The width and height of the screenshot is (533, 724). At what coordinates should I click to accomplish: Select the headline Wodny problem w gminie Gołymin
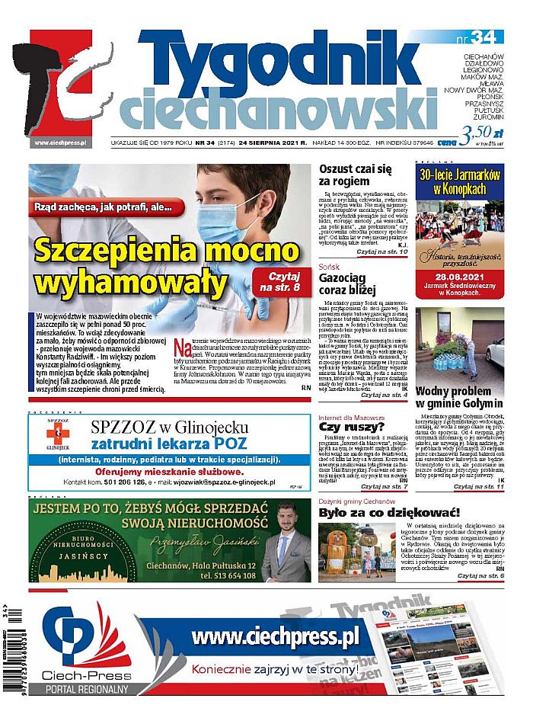click(x=459, y=396)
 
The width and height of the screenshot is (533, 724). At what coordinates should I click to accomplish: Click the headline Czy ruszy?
click(x=343, y=428)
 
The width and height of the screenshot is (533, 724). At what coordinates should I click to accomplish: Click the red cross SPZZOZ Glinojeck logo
click(x=53, y=434)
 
